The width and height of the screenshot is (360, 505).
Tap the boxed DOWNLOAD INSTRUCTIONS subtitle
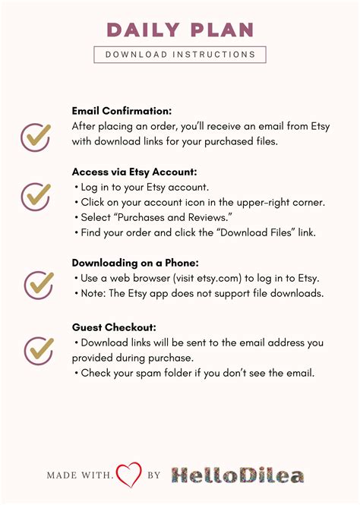(x=180, y=55)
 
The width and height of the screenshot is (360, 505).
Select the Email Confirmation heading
(x=122, y=110)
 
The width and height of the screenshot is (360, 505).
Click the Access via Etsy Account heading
(x=134, y=171)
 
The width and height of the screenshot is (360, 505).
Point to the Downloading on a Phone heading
(x=135, y=262)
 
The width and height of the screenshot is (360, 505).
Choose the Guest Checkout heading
(x=114, y=327)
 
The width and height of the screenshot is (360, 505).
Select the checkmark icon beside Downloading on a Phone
(x=39, y=284)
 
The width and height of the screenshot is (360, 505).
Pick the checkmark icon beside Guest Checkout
(x=39, y=350)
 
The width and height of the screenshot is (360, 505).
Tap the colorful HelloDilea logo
(x=236, y=475)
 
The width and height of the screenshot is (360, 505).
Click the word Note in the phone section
(x=93, y=294)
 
